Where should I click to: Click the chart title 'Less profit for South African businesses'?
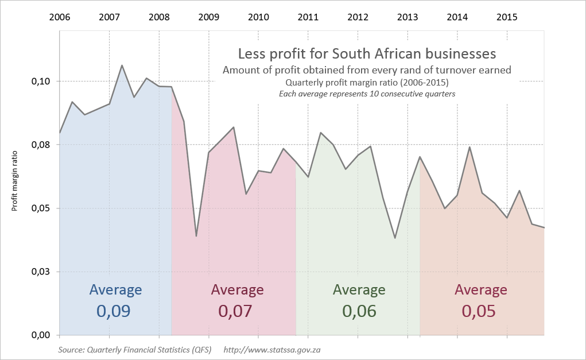(x=367, y=54)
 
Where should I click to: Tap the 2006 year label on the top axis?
(x=60, y=17)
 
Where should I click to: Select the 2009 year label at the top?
(x=208, y=17)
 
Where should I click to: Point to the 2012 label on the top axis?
(x=358, y=17)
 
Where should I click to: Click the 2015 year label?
(x=506, y=17)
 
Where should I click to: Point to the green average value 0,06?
(x=359, y=311)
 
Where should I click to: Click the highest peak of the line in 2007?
(x=122, y=65)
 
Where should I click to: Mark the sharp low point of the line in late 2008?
(x=196, y=236)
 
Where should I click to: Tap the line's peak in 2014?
(x=470, y=147)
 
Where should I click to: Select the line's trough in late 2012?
(x=395, y=238)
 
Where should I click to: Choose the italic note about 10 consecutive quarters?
(x=367, y=94)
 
